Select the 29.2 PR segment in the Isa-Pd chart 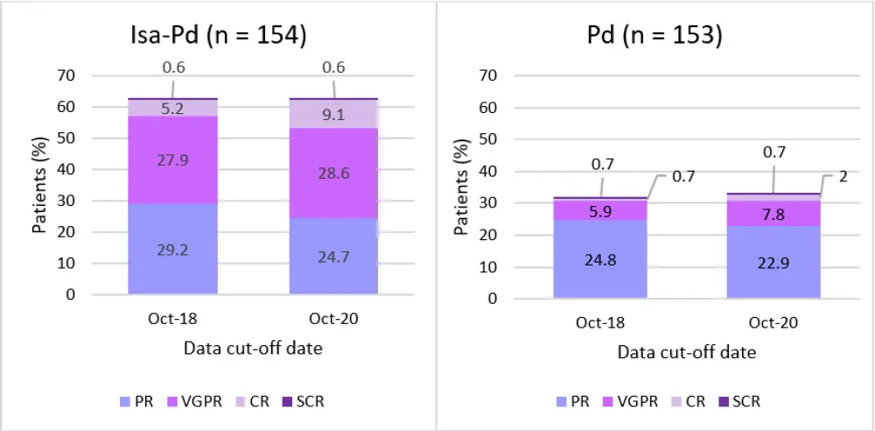click(x=171, y=249)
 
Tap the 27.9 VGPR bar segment click(x=171, y=160)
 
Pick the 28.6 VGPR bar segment click(x=333, y=173)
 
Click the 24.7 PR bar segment click(x=333, y=256)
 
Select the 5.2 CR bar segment click(x=171, y=108)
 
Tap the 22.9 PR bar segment click(x=773, y=262)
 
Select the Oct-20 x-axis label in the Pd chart click(x=773, y=322)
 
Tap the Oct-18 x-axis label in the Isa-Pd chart click(x=171, y=319)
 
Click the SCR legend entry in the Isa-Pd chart click(x=301, y=402)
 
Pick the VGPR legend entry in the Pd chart click(x=631, y=402)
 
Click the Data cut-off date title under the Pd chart click(x=687, y=353)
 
